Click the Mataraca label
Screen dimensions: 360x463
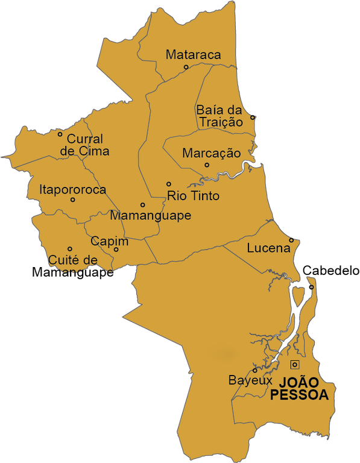pos(193,55)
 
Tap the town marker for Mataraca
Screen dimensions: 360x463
pos(186,67)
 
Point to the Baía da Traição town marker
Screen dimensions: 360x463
pos(253,117)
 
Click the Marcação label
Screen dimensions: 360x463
pos(211,153)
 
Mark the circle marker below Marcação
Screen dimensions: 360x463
pos(207,165)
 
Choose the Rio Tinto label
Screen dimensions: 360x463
pos(193,196)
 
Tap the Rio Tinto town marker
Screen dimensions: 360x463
pos(169,184)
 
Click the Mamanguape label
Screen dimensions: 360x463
pos(150,215)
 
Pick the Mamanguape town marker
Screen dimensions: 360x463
pos(143,205)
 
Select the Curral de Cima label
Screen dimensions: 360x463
pos(88,145)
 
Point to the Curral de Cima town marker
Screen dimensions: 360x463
pos(60,134)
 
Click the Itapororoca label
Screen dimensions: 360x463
pos(72,189)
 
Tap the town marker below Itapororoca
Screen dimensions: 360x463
pos(73,200)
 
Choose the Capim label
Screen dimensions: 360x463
pos(109,241)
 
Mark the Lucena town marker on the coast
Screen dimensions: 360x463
pos(291,239)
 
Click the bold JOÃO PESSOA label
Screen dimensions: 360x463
pos(300,389)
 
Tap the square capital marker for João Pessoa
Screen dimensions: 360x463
pos(294,364)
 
